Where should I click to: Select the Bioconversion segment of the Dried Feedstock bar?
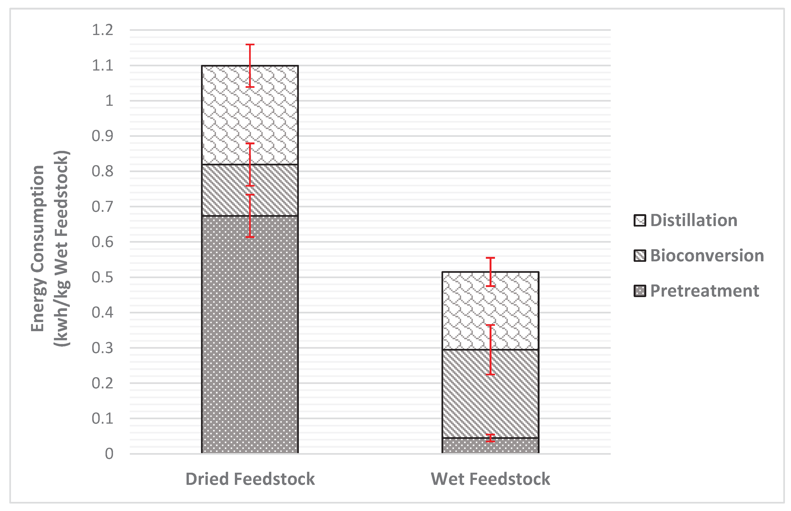(x=226, y=190)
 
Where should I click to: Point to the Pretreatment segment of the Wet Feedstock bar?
(x=464, y=446)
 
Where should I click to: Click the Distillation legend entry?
(x=693, y=220)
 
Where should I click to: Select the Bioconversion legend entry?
(x=706, y=255)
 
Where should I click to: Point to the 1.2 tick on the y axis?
(x=102, y=30)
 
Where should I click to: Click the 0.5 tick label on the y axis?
(x=102, y=277)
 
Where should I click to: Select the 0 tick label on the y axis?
(x=109, y=454)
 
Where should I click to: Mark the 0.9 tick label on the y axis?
(x=102, y=136)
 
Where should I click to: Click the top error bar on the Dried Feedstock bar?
(x=250, y=65)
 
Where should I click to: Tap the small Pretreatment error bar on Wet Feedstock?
(x=491, y=438)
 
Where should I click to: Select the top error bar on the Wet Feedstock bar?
(x=491, y=272)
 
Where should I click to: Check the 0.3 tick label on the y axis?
(x=102, y=348)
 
